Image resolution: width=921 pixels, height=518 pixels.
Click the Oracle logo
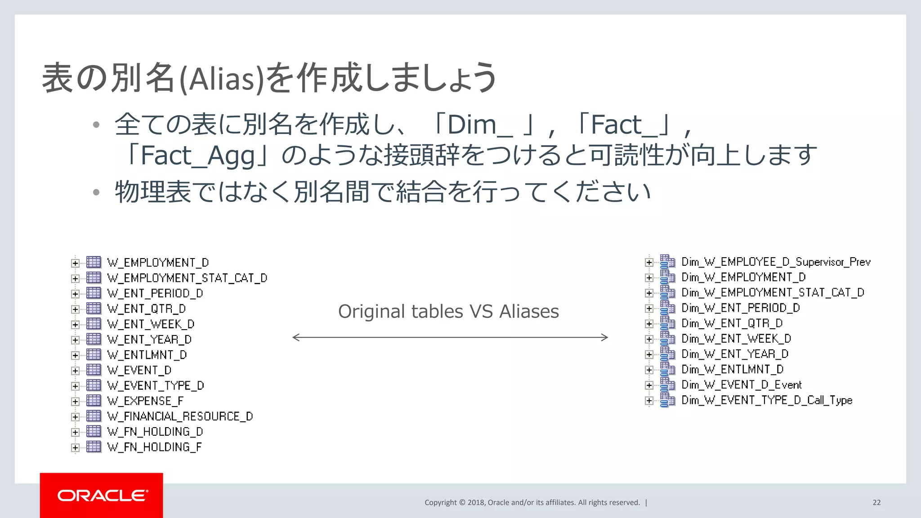click(102, 496)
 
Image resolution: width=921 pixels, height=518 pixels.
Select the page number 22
click(876, 503)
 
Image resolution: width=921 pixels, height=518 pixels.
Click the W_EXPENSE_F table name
click(145, 401)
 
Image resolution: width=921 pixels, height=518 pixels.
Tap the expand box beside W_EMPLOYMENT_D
click(76, 263)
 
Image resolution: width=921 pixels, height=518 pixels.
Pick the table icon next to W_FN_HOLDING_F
click(94, 447)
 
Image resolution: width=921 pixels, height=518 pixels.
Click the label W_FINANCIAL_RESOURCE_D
click(180, 416)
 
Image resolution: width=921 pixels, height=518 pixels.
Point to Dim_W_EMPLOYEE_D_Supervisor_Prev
click(776, 262)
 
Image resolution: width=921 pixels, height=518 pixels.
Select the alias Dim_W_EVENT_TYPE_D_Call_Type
click(767, 400)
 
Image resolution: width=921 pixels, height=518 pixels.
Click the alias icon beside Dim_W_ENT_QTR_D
click(667, 323)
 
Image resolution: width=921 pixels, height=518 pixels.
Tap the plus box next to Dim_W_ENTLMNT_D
click(649, 370)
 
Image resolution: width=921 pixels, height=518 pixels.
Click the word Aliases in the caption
click(529, 311)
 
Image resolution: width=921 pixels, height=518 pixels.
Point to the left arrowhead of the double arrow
click(295, 337)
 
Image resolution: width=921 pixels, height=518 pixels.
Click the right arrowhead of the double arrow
click(605, 337)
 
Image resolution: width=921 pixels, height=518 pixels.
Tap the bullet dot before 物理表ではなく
click(96, 192)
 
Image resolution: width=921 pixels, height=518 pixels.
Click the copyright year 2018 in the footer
click(476, 503)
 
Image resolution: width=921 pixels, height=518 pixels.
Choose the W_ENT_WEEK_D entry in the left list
click(151, 324)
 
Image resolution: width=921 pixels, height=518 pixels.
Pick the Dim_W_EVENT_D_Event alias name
click(741, 385)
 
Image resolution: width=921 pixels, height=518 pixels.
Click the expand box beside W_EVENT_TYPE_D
click(76, 386)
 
